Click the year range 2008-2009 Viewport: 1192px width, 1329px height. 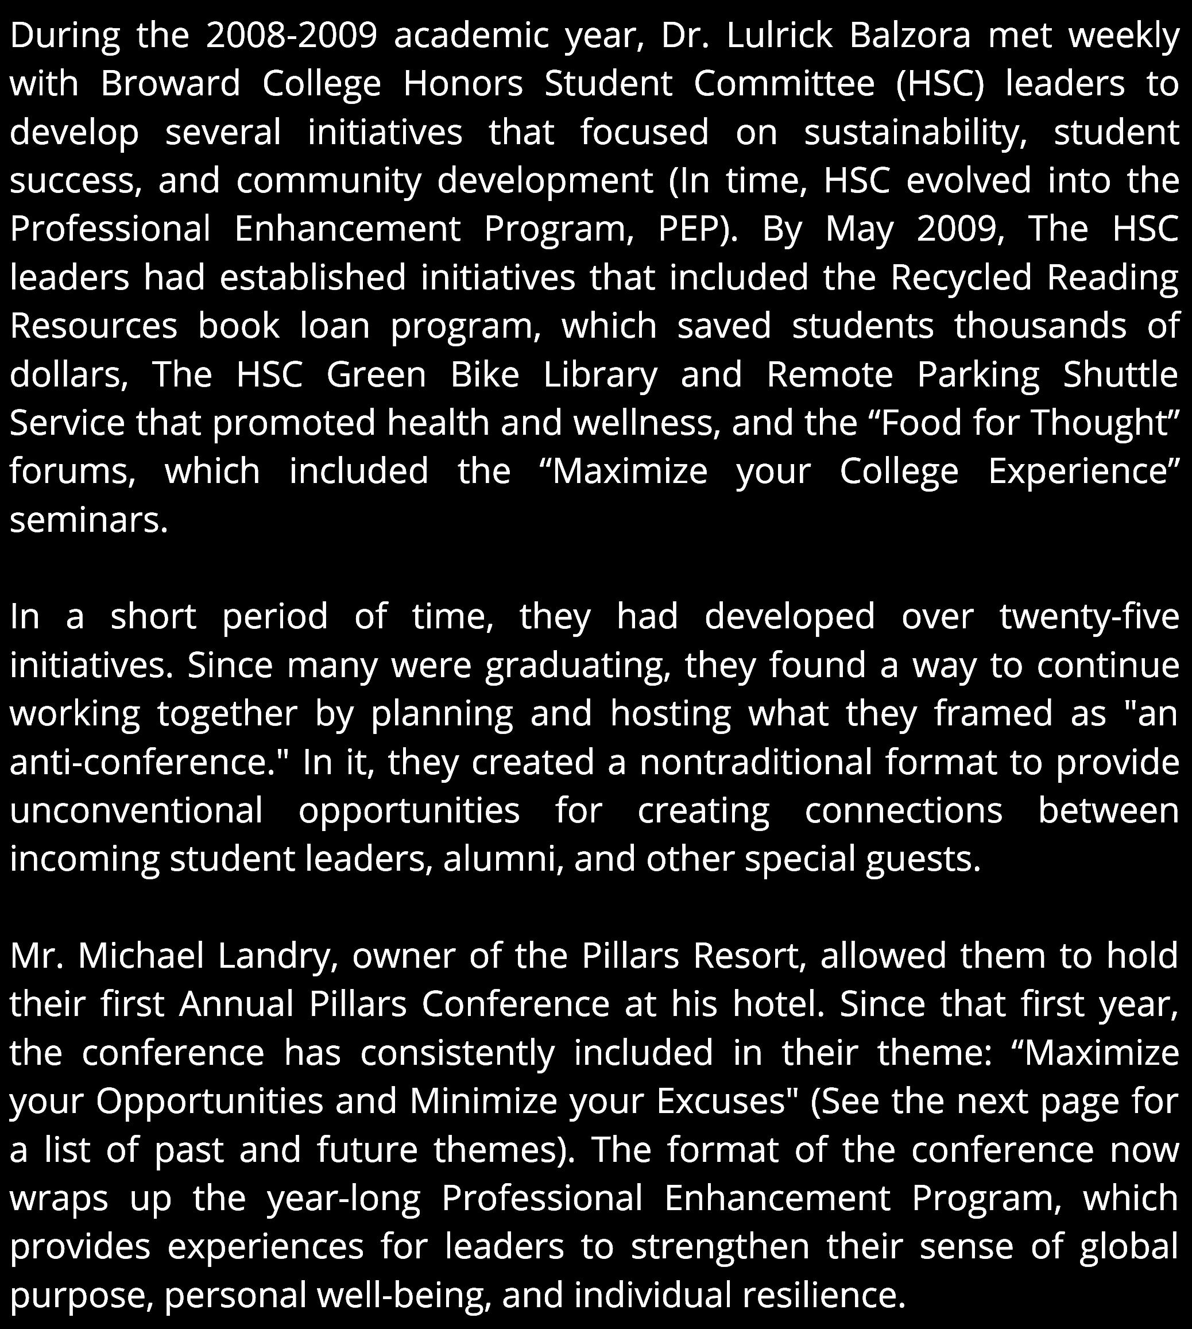coord(292,36)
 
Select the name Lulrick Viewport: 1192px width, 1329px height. coord(779,36)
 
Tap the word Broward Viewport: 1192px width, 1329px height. coord(171,84)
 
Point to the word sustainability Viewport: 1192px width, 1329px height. coord(915,132)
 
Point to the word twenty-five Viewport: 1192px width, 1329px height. coord(1089,616)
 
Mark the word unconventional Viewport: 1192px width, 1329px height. coord(136,810)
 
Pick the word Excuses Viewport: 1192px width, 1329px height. coord(727,1101)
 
